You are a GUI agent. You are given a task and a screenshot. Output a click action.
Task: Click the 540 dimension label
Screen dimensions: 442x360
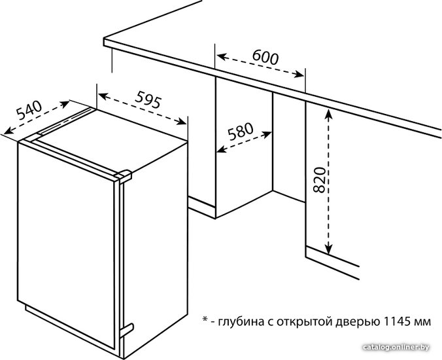29,110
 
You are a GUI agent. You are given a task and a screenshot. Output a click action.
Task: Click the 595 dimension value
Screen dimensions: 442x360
148,99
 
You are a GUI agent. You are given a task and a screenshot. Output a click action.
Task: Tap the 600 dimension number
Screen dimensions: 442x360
265,57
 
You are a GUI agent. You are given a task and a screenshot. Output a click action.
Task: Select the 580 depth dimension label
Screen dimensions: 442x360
241,131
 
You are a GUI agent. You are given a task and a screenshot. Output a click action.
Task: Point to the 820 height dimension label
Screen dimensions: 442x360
319,180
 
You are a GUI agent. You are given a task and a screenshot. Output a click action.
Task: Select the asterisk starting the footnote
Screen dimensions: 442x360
205,319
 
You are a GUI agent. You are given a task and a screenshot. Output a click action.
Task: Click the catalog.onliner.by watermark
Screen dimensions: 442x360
396,347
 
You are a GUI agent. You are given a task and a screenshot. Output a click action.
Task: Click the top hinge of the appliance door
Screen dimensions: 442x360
124,175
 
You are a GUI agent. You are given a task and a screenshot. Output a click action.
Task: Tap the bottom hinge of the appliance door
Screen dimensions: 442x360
127,331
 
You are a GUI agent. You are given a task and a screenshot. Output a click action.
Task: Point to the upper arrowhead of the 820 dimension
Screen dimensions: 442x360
328,114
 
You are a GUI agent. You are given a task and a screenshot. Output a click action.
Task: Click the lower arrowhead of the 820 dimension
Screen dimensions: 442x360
328,249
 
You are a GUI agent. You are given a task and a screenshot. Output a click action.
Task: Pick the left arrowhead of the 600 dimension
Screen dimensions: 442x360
222,56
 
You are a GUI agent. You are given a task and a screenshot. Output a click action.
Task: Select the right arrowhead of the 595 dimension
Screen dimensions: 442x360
181,122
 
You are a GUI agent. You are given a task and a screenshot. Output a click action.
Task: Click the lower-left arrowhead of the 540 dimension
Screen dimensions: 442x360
8,130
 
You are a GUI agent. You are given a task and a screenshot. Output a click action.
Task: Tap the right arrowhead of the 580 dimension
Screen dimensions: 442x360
266,134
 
